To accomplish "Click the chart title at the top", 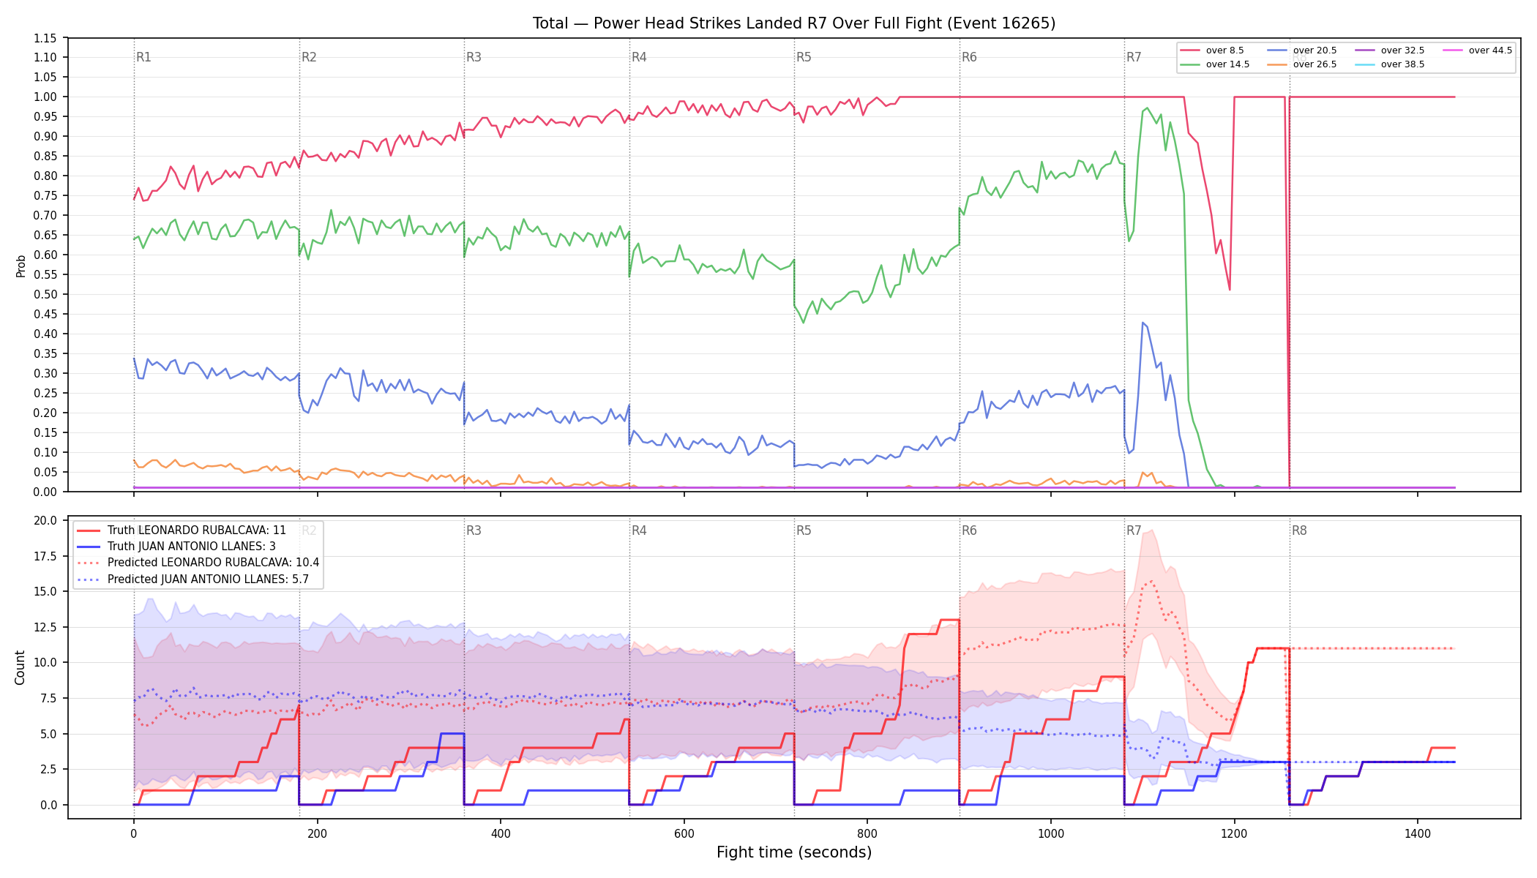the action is click(x=794, y=23).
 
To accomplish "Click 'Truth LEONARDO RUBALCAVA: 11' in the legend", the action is click(x=197, y=530).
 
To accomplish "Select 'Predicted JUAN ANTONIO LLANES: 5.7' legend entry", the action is click(x=208, y=579).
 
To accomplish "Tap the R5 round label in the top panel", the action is click(x=804, y=57).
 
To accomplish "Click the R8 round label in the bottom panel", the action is click(x=1299, y=530).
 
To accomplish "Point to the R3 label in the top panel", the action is click(x=474, y=57).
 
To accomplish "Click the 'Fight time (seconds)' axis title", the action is click(x=794, y=852).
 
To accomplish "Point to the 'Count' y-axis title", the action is click(x=20, y=667).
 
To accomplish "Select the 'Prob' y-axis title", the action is click(x=20, y=266).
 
